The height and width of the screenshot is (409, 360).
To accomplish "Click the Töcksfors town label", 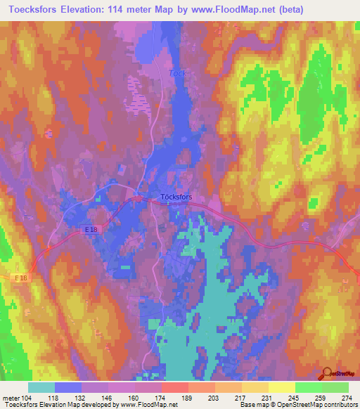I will (x=176, y=197).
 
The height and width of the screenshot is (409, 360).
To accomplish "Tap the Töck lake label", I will (x=176, y=73).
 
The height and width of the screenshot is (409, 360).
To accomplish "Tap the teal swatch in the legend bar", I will (x=41, y=387).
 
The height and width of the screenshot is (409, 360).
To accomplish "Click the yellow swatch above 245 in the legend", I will (x=281, y=387).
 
